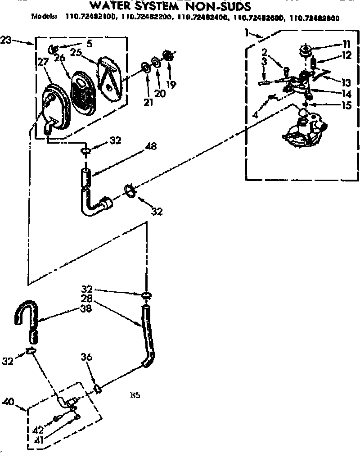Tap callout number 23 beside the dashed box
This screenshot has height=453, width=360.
[6, 41]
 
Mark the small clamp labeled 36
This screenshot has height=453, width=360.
[96, 388]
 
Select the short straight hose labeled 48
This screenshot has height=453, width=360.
[86, 178]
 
